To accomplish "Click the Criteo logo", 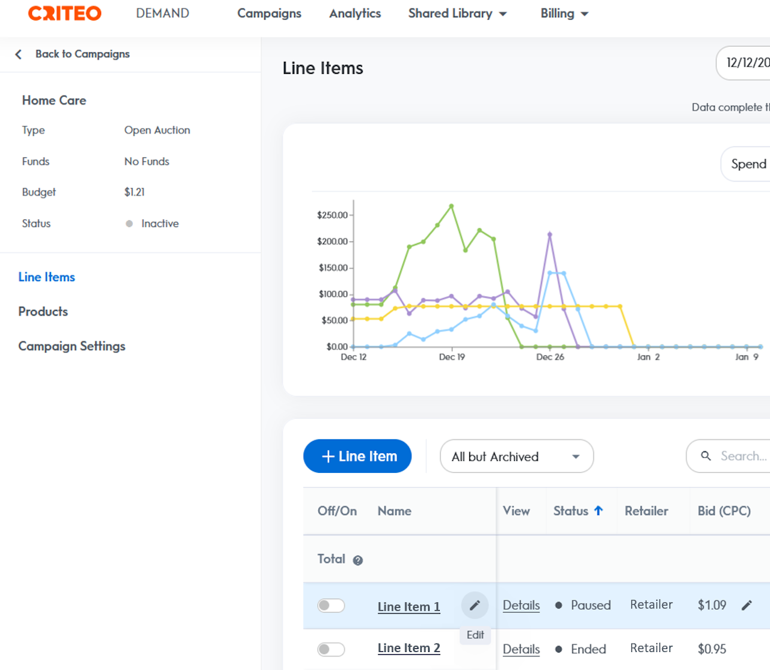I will click(65, 13).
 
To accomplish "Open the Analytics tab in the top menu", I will click(355, 13).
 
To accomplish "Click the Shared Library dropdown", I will click(457, 13).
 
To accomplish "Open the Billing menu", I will click(564, 13).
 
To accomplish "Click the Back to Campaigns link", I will click(82, 54).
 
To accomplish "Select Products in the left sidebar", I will click(43, 311).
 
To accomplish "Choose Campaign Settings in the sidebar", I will click(72, 346).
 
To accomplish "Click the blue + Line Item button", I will click(357, 456).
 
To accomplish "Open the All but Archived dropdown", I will click(516, 456).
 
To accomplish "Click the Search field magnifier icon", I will click(706, 456).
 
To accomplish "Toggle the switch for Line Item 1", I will click(331, 605).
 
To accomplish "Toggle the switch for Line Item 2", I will click(331, 649).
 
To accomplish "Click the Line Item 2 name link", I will click(408, 648).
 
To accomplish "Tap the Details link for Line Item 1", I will click(521, 605).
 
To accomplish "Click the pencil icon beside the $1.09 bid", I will click(747, 605).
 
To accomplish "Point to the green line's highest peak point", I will click(451, 206).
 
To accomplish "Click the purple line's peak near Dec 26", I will click(550, 234).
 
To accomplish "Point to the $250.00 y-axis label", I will click(332, 215).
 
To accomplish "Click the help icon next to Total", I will click(358, 561).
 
